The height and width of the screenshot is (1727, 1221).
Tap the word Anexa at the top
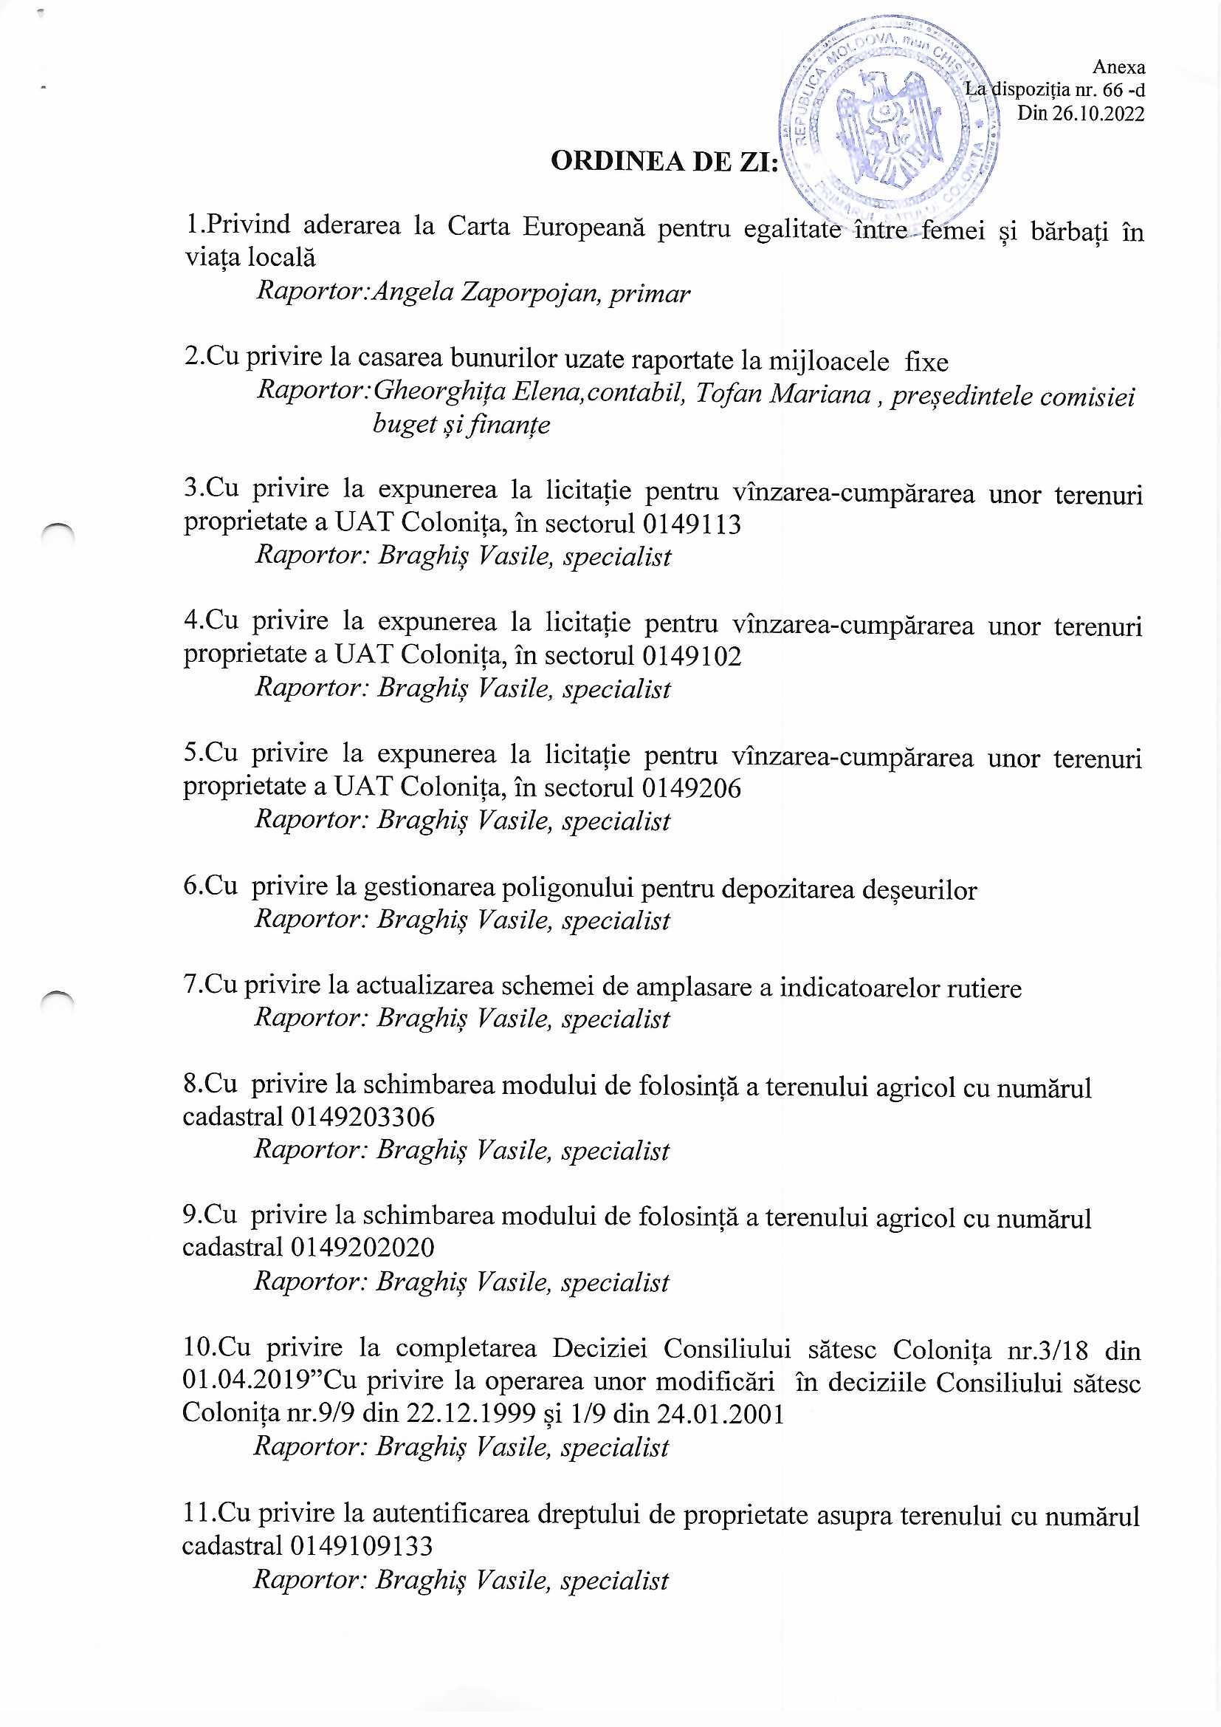coord(1118,67)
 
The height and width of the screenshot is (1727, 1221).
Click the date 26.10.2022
coord(1097,114)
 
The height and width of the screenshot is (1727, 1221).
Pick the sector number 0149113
coord(692,524)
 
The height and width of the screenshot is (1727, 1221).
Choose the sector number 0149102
coord(692,656)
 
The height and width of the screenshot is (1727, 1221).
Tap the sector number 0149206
coord(692,787)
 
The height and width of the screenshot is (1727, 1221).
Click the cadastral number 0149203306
coord(362,1117)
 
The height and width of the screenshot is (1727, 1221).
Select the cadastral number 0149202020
coord(362,1248)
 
